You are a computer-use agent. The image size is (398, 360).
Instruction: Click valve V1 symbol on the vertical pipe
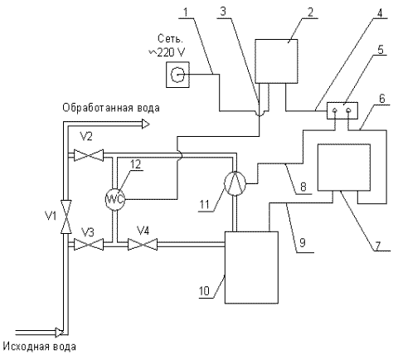click(x=66, y=216)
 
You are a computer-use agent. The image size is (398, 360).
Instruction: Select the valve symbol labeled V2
click(x=89, y=155)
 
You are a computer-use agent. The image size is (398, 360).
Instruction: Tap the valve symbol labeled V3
click(x=89, y=244)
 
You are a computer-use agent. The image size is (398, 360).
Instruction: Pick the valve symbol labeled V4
click(x=143, y=244)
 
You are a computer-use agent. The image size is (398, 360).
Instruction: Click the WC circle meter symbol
click(x=115, y=199)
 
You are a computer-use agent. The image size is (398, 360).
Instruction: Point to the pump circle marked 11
click(x=235, y=183)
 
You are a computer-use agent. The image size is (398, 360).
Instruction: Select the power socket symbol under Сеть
click(x=177, y=75)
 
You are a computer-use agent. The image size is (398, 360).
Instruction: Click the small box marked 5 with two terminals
click(x=342, y=111)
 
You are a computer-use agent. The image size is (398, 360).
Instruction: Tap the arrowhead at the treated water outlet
click(x=146, y=124)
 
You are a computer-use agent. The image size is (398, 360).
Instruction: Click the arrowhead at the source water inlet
click(x=59, y=332)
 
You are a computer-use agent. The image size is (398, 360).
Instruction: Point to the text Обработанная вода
click(x=111, y=108)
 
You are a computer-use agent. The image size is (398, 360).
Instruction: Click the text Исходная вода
click(x=40, y=347)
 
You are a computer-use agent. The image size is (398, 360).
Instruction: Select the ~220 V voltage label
click(x=167, y=52)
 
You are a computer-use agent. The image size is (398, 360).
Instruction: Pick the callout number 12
click(x=135, y=164)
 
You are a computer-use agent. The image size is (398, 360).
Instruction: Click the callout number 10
click(x=204, y=291)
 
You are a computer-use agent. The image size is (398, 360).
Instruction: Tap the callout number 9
click(x=303, y=243)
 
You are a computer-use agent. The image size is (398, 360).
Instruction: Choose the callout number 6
click(x=382, y=99)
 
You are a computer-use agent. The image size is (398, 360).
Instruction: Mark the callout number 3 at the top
click(x=223, y=12)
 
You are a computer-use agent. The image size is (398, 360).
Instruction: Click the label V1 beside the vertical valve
click(x=51, y=216)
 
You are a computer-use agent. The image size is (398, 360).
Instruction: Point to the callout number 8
click(x=303, y=187)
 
